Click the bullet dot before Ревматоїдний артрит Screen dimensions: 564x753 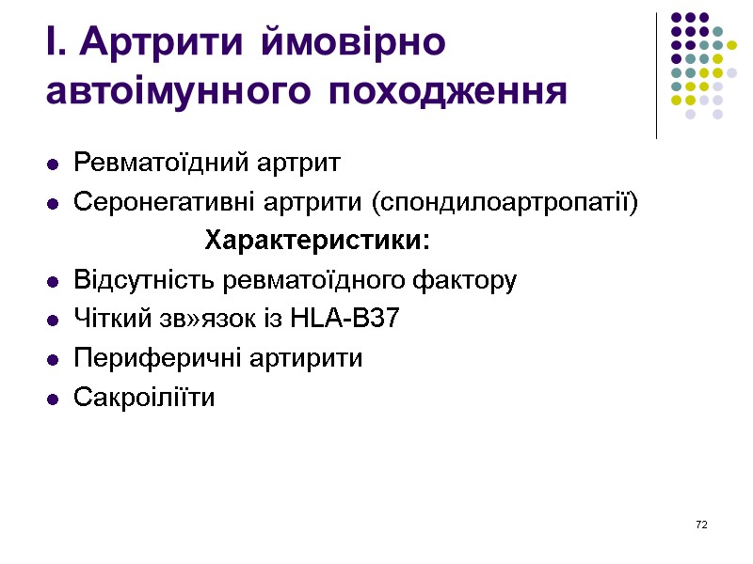(x=53, y=165)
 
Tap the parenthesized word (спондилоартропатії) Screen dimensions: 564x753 (x=505, y=202)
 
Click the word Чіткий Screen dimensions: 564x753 (x=108, y=320)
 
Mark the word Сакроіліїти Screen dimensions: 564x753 (x=144, y=398)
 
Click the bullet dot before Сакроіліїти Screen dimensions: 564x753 (x=53, y=399)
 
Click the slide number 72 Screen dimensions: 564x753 (x=700, y=524)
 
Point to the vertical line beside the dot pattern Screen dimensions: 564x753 (x=656, y=75)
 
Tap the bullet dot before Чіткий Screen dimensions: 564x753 (x=53, y=321)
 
